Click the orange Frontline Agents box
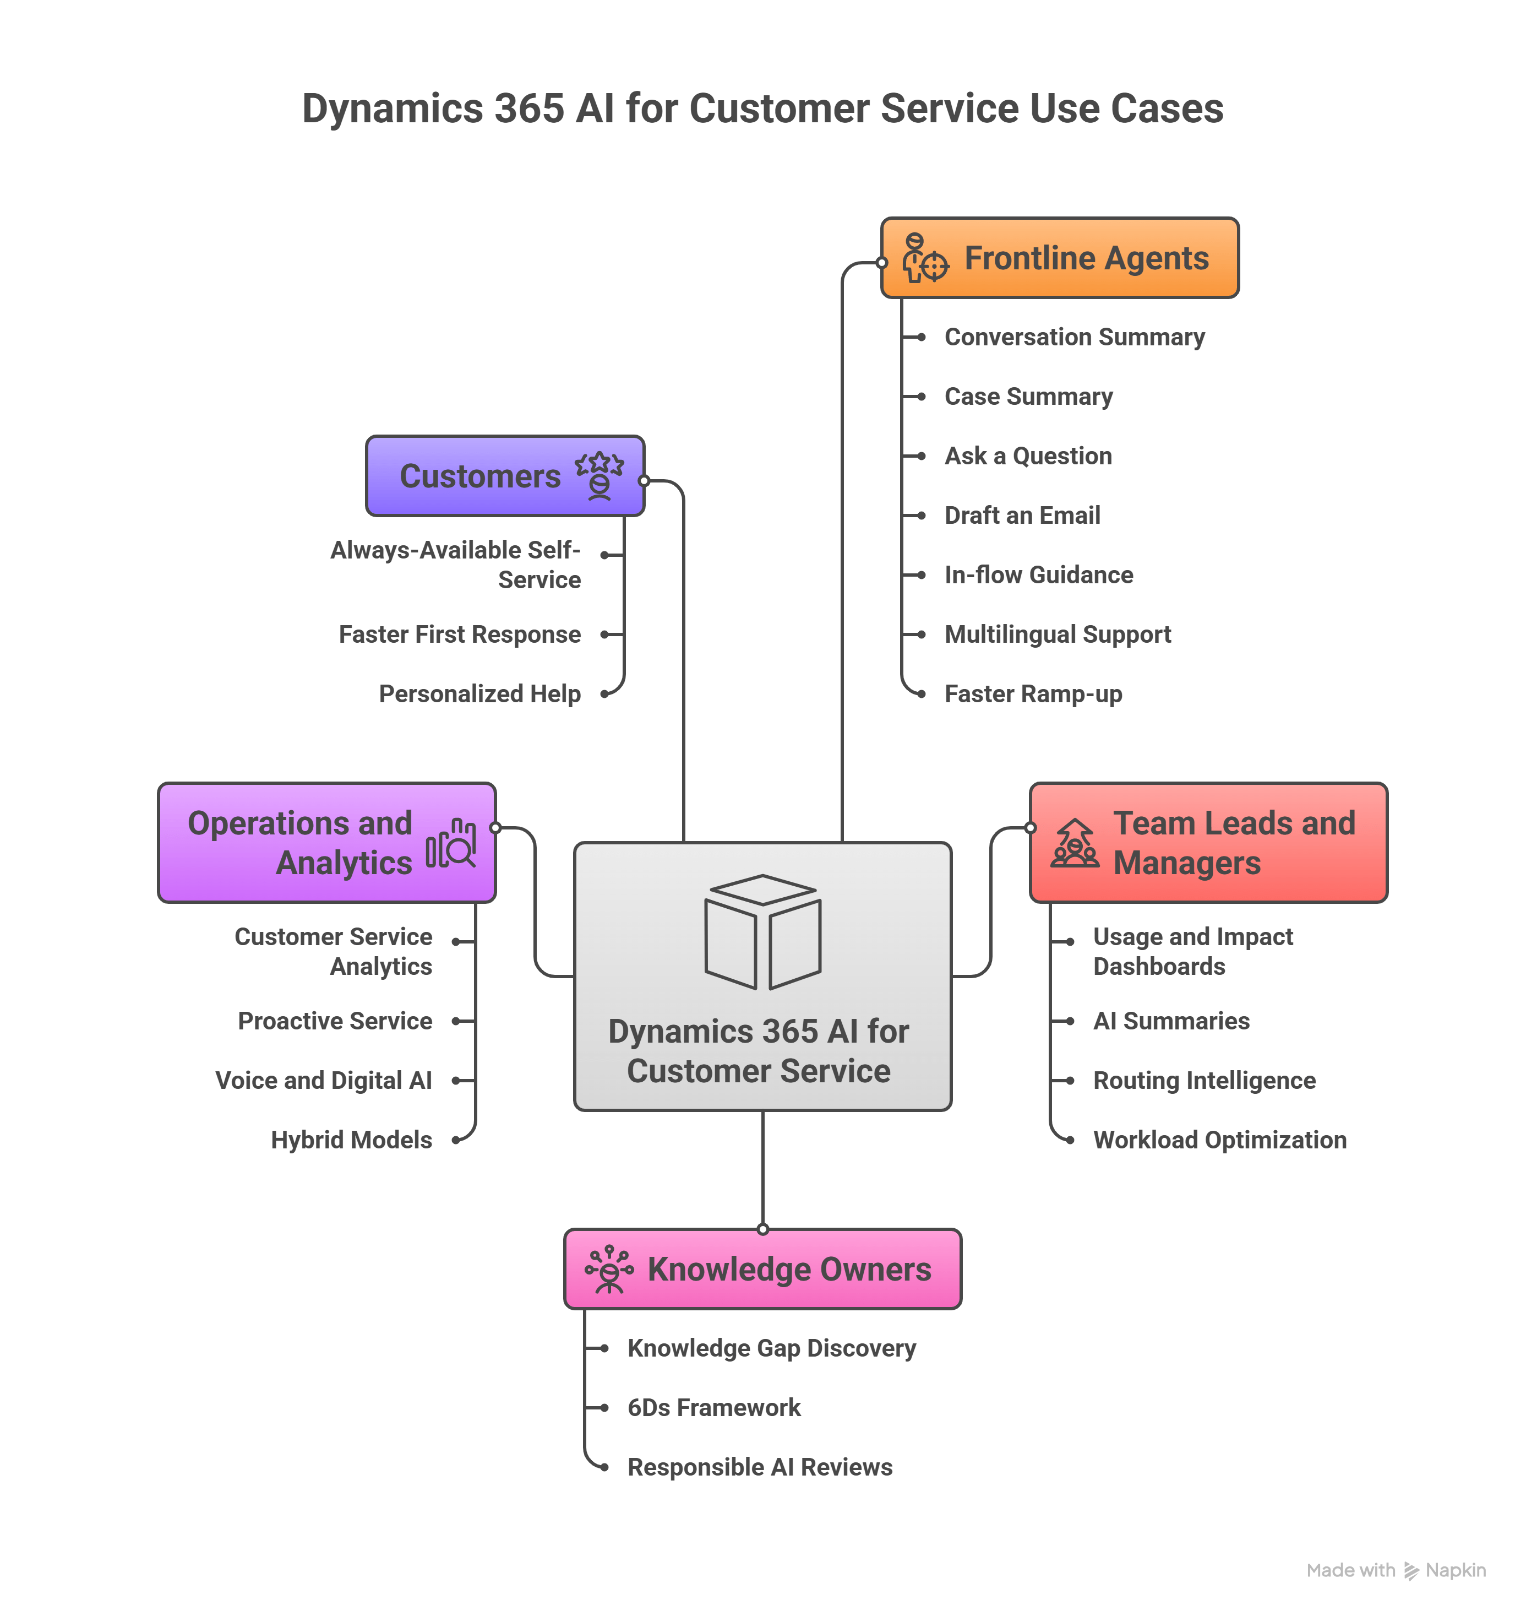(x=1059, y=258)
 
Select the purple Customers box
(x=504, y=476)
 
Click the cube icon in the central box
(x=762, y=932)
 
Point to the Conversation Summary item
(x=1073, y=337)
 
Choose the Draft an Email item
(x=1022, y=515)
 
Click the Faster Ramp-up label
(x=1033, y=694)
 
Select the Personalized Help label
(x=480, y=694)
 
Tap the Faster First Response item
(x=460, y=635)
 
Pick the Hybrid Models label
(x=351, y=1140)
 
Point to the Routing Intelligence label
(x=1204, y=1081)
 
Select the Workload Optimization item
(x=1219, y=1140)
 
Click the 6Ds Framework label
(x=714, y=1408)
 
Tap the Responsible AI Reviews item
(x=760, y=1467)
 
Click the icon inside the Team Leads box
(x=1075, y=843)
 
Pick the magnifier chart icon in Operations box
(x=451, y=843)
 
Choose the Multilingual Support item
(x=1058, y=635)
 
